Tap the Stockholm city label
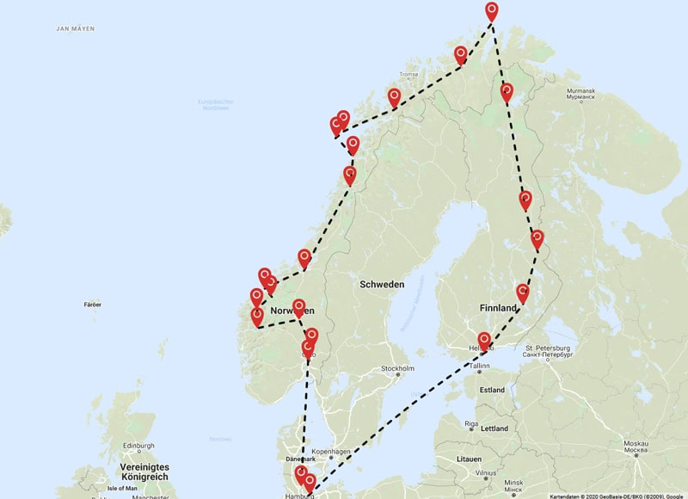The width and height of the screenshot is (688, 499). point(398,368)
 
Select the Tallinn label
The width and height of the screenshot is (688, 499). point(479,365)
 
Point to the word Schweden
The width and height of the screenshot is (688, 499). point(382,284)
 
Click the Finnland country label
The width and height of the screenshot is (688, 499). point(499,307)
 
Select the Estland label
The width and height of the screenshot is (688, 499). point(492,390)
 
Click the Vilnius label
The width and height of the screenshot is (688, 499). point(487,472)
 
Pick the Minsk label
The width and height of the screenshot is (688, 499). point(513,482)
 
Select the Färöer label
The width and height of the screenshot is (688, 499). point(93,305)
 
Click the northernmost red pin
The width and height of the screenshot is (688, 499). point(491,11)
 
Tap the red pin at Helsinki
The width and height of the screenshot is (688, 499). point(484,341)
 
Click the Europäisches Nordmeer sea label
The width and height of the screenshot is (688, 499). point(215,105)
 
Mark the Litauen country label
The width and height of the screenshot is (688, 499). point(469,459)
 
